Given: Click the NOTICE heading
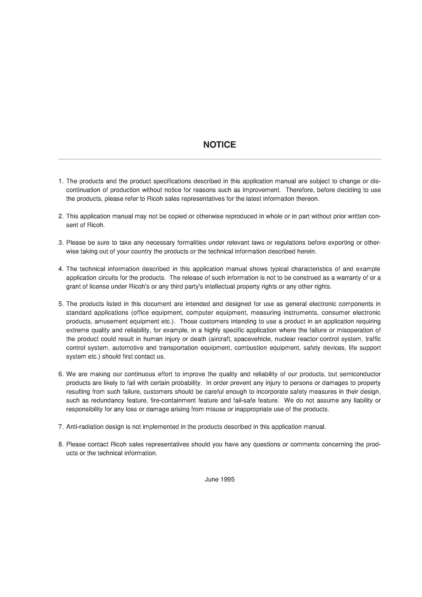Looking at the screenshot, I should (x=219, y=145).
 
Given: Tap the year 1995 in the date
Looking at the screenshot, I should (x=227, y=479).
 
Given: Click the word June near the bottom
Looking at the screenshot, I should (x=212, y=479).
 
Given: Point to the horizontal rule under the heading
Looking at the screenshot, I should (x=219, y=159).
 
